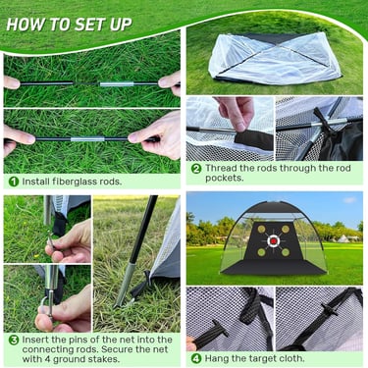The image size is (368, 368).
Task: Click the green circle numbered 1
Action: click(x=14, y=182)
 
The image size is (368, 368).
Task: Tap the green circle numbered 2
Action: click(x=195, y=169)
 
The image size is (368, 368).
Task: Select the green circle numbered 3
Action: click(x=14, y=340)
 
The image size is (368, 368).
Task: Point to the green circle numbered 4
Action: click(x=195, y=358)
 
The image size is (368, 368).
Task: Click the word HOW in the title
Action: click(x=22, y=25)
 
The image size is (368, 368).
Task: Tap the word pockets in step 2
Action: click(x=225, y=178)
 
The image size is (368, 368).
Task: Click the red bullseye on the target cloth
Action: click(x=274, y=241)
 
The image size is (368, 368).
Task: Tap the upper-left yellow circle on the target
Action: click(x=261, y=230)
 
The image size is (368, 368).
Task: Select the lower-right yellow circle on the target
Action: click(x=286, y=252)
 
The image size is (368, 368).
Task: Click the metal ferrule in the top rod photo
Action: click(x=117, y=84)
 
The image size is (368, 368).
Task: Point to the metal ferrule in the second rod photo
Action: click(x=87, y=139)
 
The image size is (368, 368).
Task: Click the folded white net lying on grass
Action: click(x=274, y=59)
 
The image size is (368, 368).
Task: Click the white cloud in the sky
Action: click(x=349, y=200)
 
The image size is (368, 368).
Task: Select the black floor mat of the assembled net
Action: click(x=273, y=267)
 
